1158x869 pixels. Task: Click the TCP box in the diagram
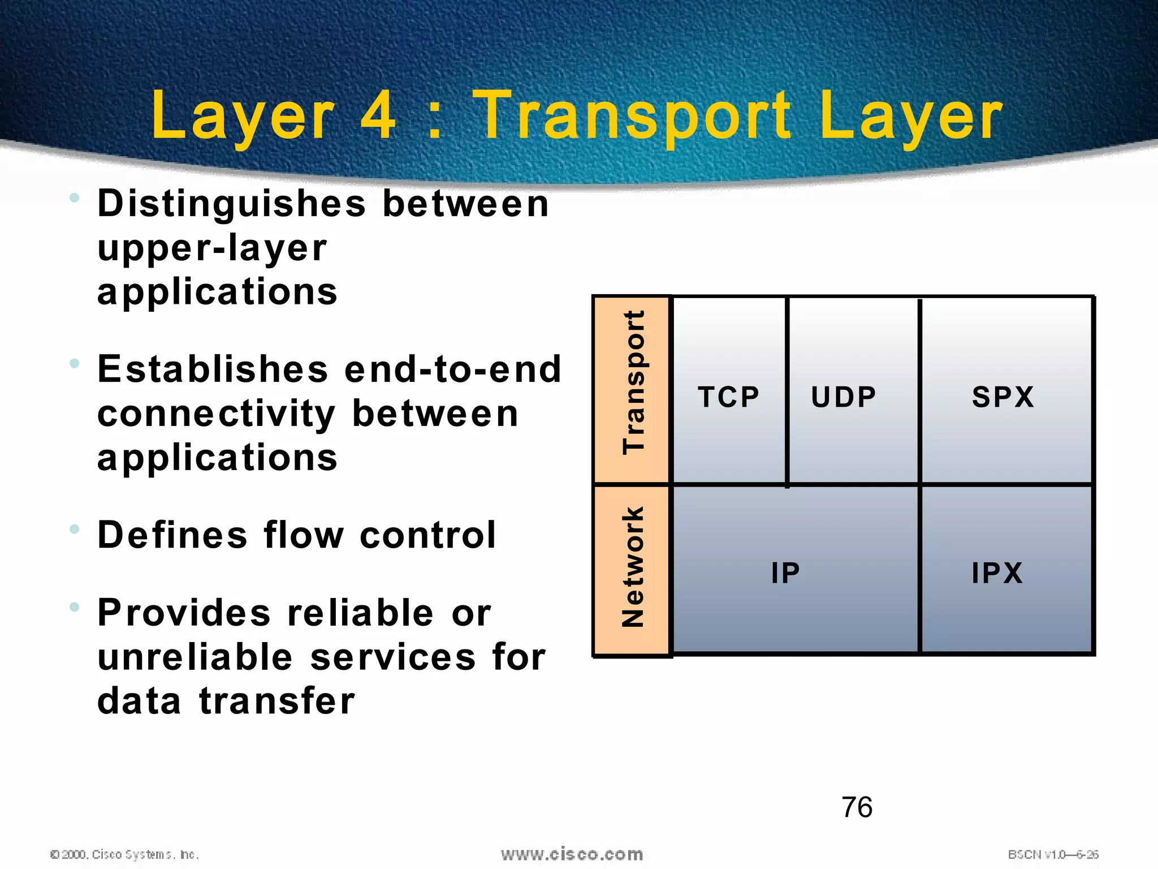point(728,396)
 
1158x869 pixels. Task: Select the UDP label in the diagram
point(843,397)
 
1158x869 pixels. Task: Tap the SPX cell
point(1003,397)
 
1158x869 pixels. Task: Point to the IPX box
point(997,573)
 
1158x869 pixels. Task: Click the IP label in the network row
point(785,573)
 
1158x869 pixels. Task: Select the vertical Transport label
point(633,382)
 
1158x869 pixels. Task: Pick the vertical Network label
point(633,567)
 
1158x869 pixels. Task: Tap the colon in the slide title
point(434,122)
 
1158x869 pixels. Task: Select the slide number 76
point(857,807)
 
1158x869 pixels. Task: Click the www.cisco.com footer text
point(572,854)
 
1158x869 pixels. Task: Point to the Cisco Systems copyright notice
point(124,854)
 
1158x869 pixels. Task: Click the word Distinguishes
point(232,205)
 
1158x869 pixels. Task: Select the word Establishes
point(213,369)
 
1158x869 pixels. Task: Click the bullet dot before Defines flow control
point(74,530)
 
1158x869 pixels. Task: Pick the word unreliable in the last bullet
point(195,657)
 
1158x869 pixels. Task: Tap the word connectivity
point(217,415)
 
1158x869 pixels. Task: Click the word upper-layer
point(212,249)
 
